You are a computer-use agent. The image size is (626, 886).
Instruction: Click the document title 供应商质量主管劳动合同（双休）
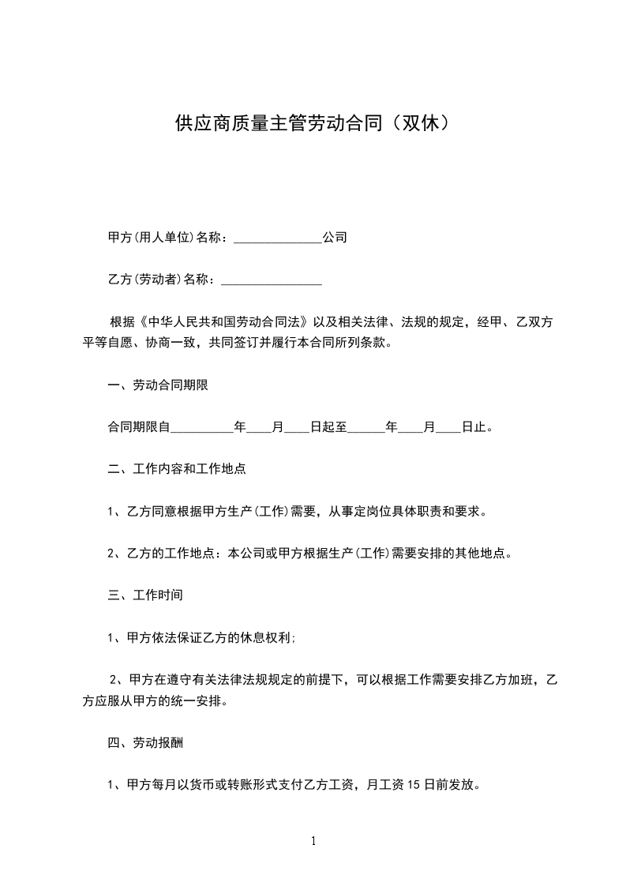point(313,124)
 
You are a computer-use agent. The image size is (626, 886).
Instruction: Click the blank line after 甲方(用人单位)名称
point(278,238)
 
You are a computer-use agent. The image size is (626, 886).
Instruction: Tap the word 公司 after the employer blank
point(335,237)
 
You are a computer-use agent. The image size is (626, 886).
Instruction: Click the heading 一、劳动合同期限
point(158,385)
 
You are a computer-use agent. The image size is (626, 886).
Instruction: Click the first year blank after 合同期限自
point(202,428)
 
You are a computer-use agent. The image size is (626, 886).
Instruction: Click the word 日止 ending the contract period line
point(474,428)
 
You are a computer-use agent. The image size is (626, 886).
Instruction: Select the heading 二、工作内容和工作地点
point(177,469)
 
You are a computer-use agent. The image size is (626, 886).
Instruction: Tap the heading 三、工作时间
point(145,594)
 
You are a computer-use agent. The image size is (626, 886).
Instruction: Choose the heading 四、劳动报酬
point(145,743)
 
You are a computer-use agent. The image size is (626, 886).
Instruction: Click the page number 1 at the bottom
point(313,841)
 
